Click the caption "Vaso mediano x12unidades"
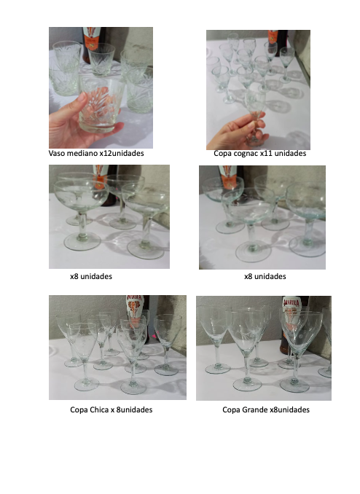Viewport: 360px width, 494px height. pos(96,154)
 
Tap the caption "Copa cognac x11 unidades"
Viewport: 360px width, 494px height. pos(259,154)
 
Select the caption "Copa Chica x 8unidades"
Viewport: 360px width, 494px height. pos(111,409)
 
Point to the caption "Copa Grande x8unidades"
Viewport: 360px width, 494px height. pos(266,409)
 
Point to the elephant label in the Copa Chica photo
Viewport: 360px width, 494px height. pos(135,307)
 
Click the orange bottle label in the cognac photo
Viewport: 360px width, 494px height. pos(273,38)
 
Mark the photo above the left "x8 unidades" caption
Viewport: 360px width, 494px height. pos(109,216)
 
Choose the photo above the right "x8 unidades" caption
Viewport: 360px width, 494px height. pos(262,217)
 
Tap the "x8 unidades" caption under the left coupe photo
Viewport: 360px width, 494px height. pos(91,276)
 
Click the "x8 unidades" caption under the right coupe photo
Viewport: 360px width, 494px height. pos(265,276)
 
